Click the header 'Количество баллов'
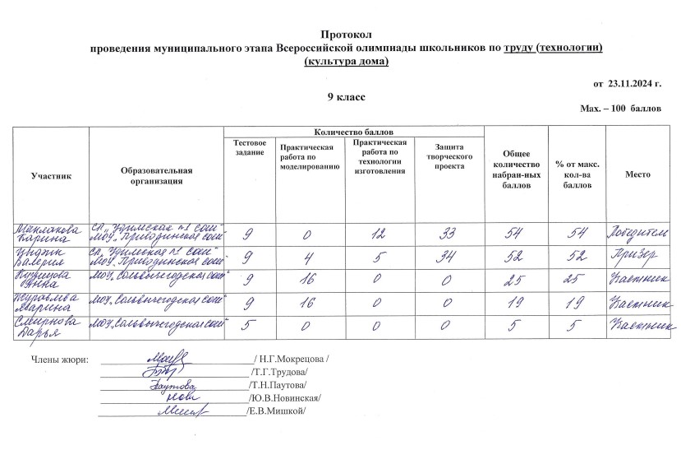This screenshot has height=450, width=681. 353,132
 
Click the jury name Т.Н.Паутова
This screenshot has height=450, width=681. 280,385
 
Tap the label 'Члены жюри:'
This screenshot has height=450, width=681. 59,360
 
